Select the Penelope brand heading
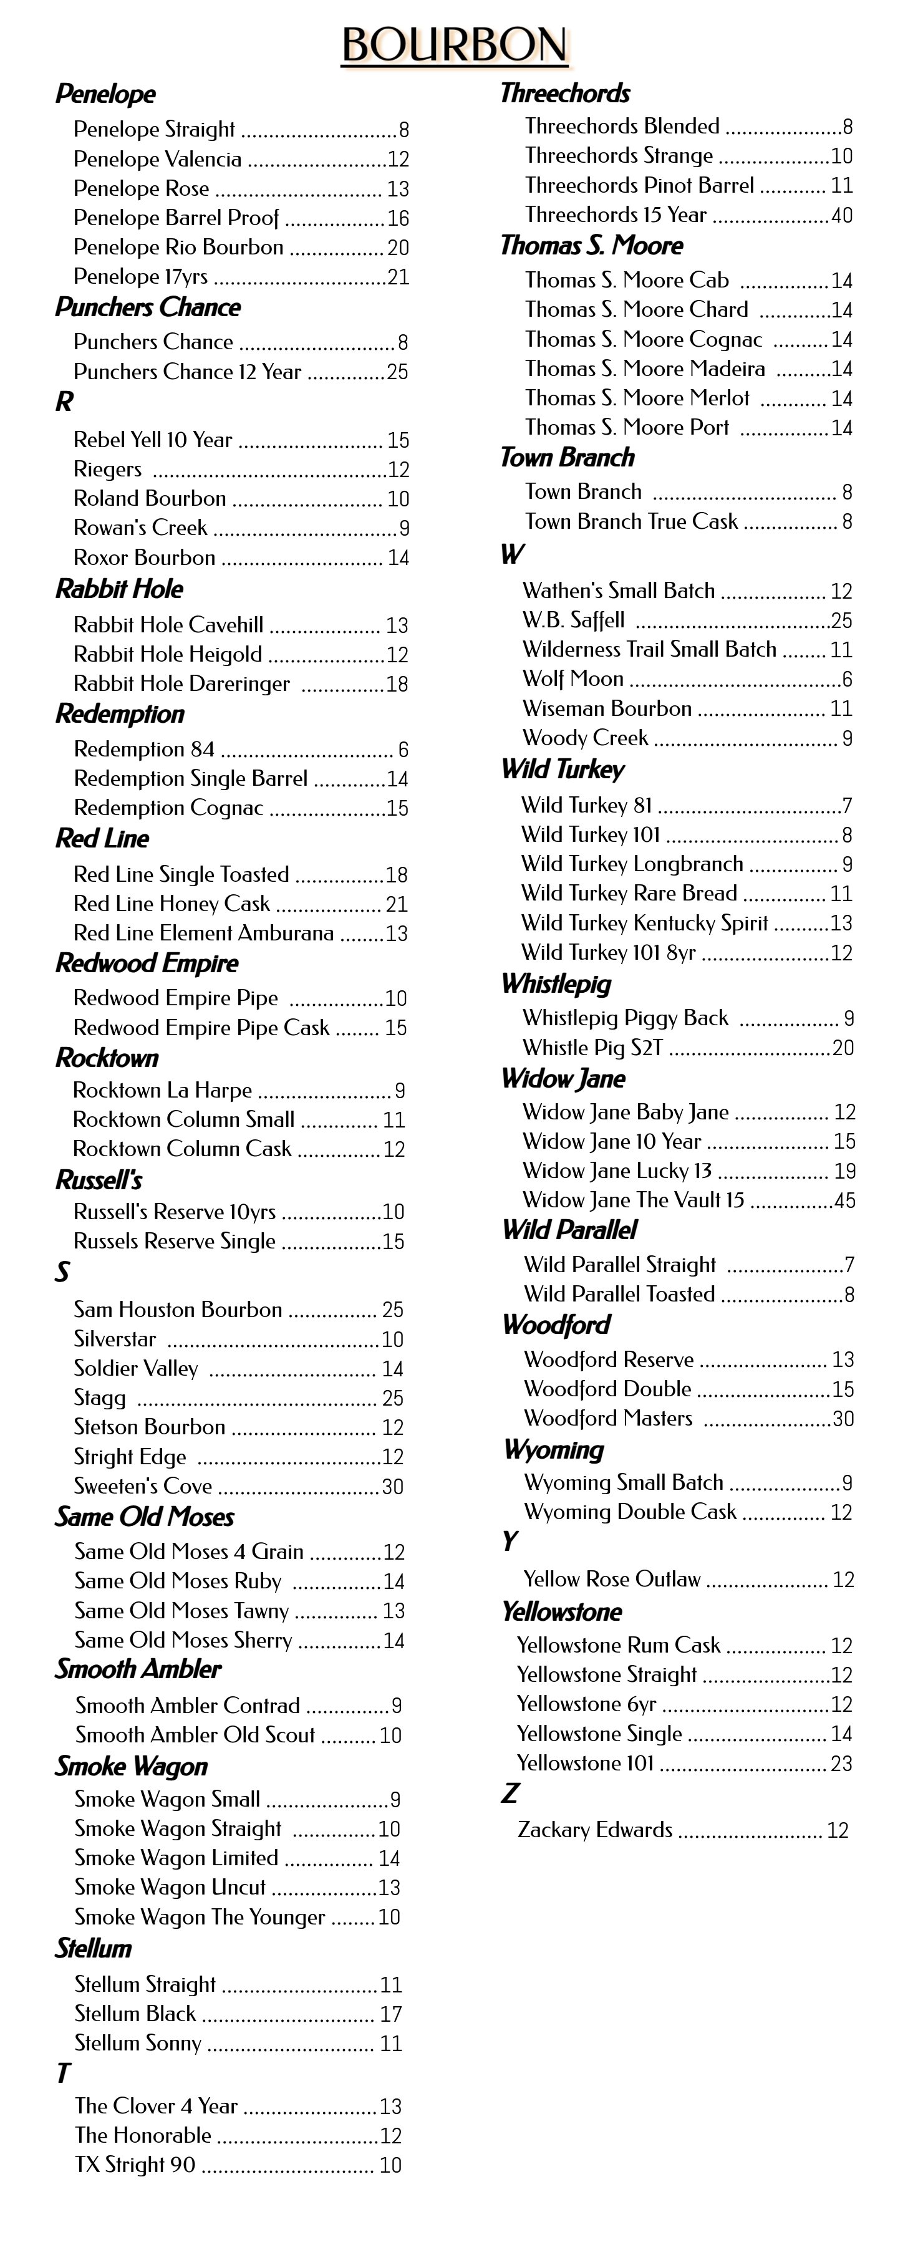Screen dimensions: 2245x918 105,94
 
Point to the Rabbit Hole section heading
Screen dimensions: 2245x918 120,589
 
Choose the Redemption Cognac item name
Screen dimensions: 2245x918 168,808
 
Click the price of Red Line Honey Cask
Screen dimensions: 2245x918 396,904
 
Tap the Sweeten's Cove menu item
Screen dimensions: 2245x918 143,1486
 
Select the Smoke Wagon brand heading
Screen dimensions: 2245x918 132,1767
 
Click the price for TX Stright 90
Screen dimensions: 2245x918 390,2165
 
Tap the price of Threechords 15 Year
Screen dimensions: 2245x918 841,215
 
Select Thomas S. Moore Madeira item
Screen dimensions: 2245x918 645,369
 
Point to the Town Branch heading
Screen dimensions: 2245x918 568,458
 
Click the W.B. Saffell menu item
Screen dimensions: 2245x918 574,620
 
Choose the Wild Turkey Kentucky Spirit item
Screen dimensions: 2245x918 645,923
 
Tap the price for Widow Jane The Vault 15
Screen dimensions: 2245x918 844,1200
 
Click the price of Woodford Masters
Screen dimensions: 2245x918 843,1418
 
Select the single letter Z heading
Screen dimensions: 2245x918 510,1793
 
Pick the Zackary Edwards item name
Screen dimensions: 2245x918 596,1829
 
